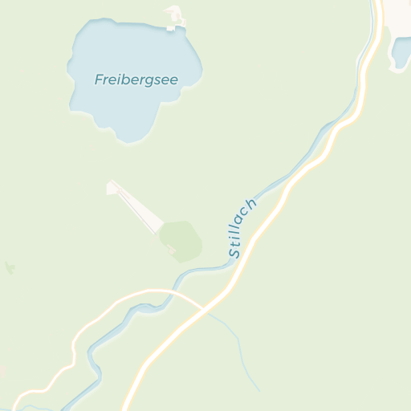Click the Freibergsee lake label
coord(136,79)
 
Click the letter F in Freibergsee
coord(99,79)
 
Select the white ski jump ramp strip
coord(136,205)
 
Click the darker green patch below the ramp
coord(181,238)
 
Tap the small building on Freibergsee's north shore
coord(174,16)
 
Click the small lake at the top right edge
coord(401,53)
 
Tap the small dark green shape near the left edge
coord(10,267)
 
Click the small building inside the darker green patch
coord(171,250)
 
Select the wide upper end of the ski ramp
coord(113,187)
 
